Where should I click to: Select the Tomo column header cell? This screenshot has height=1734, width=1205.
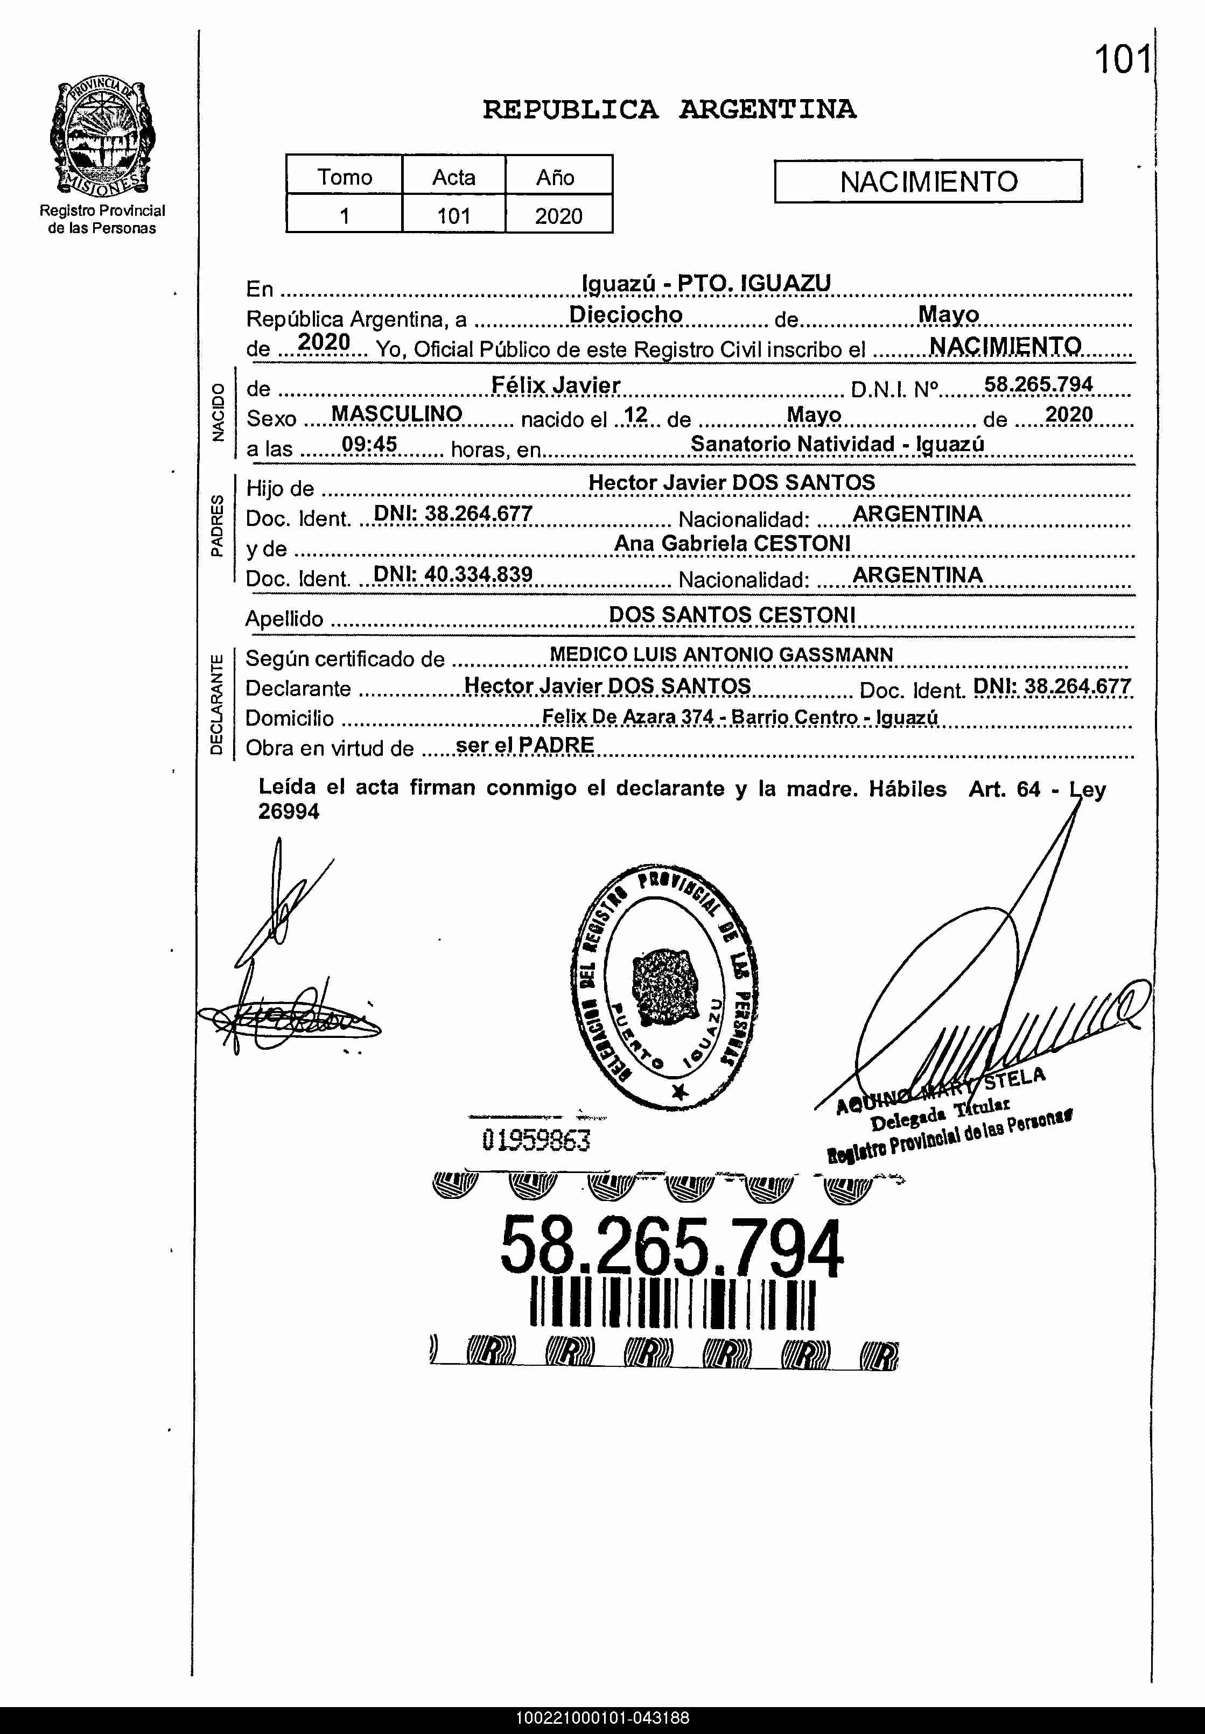344,177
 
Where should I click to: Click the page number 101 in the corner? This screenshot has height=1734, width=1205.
1123,60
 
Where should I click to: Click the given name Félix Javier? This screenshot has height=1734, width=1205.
556,385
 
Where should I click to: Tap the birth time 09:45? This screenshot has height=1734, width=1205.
369,444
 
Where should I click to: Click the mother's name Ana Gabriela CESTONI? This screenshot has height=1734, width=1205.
732,544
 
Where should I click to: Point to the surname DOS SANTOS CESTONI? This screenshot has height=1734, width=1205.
732,614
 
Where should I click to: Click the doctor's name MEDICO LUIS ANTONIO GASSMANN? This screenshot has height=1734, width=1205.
721,655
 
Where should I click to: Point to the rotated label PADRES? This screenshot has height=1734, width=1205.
216,525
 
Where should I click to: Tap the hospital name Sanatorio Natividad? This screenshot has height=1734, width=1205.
792,444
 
